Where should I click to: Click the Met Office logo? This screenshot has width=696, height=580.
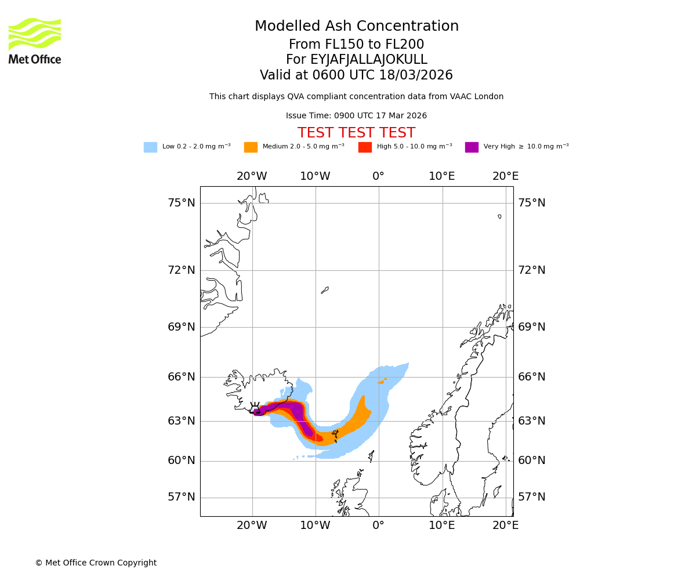point(35,41)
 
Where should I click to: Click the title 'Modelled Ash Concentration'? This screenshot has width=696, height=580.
point(356,27)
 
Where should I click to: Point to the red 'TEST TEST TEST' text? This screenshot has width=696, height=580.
point(356,133)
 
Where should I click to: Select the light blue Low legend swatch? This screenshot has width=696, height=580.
point(150,147)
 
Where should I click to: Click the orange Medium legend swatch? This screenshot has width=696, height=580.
point(251,147)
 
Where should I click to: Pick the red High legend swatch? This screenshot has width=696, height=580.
point(365,147)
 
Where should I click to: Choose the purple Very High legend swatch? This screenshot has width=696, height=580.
point(472,147)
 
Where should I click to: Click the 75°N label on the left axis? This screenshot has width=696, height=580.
point(182,203)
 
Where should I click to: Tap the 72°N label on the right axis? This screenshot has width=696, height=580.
point(532,270)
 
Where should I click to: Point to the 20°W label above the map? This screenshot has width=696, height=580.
point(252,176)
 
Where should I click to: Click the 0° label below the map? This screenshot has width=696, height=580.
point(378,525)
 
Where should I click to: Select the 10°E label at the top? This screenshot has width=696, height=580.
point(442,176)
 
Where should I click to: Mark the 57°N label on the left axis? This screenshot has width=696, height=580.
point(182,497)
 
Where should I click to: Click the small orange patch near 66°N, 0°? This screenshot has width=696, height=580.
point(382,381)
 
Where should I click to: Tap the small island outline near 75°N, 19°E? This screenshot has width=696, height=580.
point(499,216)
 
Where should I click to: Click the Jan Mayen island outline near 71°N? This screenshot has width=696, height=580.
point(325,290)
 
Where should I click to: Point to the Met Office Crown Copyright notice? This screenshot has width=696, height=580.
point(96,563)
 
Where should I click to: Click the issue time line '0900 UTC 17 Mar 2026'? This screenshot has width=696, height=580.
point(356,116)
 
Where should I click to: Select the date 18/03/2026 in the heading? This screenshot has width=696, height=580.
point(416,75)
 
